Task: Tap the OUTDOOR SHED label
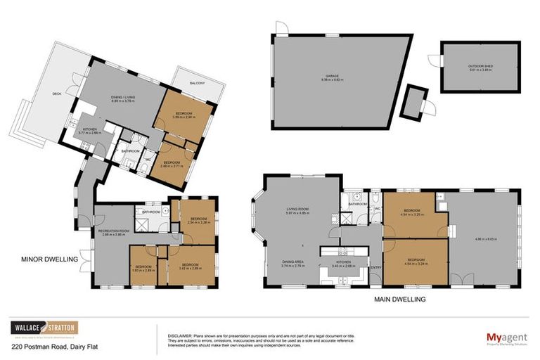(480, 66)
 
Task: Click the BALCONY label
(197, 84)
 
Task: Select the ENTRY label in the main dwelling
(375, 267)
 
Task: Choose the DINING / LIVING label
(123, 98)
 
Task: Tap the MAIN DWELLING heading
(401, 299)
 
